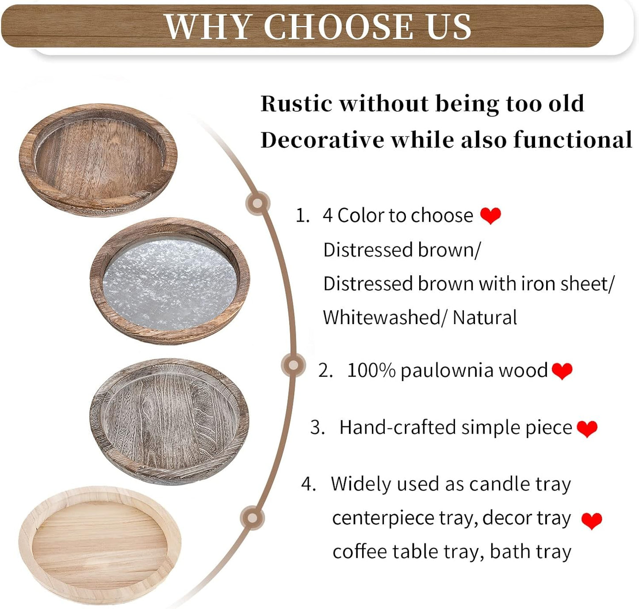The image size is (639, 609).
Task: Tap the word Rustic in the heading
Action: pyautogui.click(x=296, y=104)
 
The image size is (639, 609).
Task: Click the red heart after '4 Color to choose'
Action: pyautogui.click(x=490, y=216)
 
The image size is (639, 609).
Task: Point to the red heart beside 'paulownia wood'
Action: pyautogui.click(x=562, y=371)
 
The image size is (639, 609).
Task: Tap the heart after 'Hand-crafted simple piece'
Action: pyautogui.click(x=587, y=428)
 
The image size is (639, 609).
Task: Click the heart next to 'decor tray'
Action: pyautogui.click(x=591, y=520)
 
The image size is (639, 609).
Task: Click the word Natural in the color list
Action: pyautogui.click(x=485, y=318)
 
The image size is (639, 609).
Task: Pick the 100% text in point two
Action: pyautogui.click(x=371, y=371)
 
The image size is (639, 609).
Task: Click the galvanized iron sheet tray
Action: pyautogui.click(x=170, y=281)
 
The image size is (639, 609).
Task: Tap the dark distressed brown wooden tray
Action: pyautogui.click(x=98, y=160)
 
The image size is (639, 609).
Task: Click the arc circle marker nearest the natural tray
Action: pyautogui.click(x=253, y=518)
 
